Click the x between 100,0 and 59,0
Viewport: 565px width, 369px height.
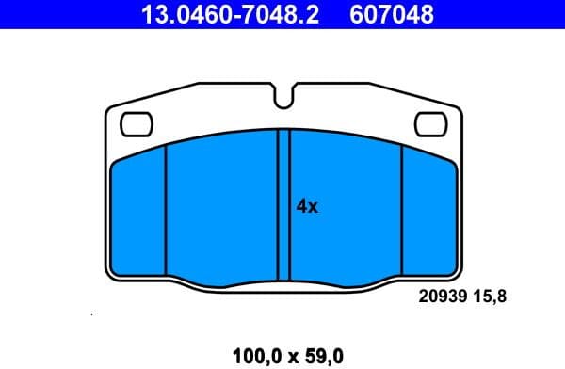pos(291,355)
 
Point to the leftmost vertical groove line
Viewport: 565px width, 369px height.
pos(166,211)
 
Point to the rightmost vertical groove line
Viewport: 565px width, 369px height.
pos(402,211)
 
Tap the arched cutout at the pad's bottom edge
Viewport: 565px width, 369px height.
pos(283,282)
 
